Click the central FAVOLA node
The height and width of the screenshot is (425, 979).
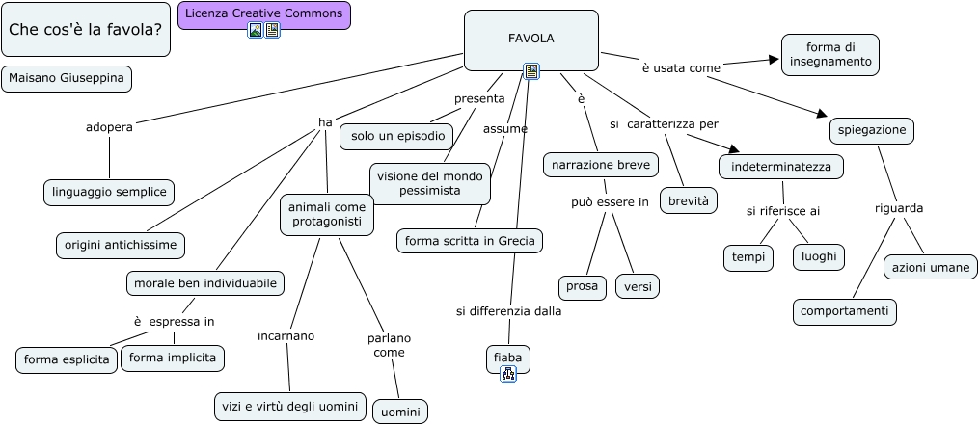click(530, 40)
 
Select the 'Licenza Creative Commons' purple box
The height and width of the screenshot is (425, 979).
click(263, 13)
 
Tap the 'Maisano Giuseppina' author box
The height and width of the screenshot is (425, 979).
click(67, 78)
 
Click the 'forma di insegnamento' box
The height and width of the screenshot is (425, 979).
click(829, 54)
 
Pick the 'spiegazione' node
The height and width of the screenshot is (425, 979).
click(871, 130)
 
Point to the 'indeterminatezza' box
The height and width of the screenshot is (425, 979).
click(780, 167)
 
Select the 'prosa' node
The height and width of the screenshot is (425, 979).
click(582, 286)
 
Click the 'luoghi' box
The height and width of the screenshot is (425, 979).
click(818, 257)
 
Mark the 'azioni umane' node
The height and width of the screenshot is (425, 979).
click(930, 267)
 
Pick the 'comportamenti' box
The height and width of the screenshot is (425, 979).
click(845, 312)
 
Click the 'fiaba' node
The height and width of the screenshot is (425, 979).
click(507, 358)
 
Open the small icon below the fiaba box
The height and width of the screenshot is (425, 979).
click(508, 375)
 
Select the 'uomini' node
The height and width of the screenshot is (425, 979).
click(400, 412)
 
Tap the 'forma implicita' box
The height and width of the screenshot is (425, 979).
click(173, 359)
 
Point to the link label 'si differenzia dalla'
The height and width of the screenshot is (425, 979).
click(508, 311)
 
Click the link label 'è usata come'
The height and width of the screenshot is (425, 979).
click(681, 67)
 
